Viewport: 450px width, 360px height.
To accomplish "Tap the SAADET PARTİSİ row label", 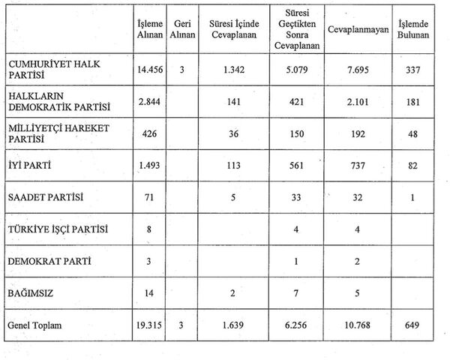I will [46, 197].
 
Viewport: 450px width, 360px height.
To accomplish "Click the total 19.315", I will [150, 326].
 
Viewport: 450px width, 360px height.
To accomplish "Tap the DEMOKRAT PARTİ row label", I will [43, 261].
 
